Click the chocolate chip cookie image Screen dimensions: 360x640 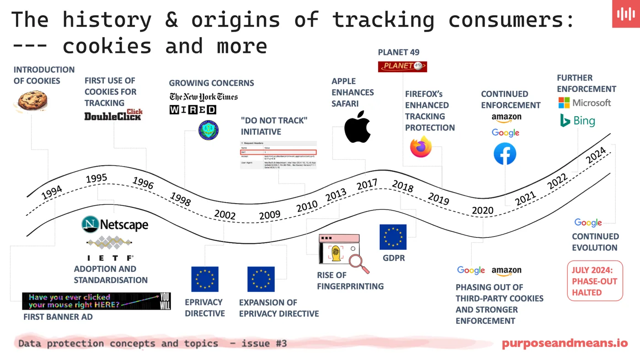coord(31,100)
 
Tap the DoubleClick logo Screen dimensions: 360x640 coord(113,115)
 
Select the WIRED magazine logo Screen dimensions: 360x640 coord(192,110)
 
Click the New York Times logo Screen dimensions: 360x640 coord(203,97)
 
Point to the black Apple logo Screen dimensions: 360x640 coord(357,127)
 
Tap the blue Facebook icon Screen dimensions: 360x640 coord(505,154)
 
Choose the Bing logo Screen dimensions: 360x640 coord(578,121)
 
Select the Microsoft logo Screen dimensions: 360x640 coord(584,102)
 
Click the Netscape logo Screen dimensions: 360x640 coord(115,225)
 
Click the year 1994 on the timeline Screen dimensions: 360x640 coord(52,193)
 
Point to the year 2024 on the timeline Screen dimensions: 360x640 coord(596,155)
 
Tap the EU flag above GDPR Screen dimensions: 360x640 coord(393,237)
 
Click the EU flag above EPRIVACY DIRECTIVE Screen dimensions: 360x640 coord(205,279)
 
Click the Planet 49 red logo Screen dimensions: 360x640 coord(402,66)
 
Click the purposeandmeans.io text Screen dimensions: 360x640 coord(565,343)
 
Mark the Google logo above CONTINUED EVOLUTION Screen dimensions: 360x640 coord(588,223)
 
